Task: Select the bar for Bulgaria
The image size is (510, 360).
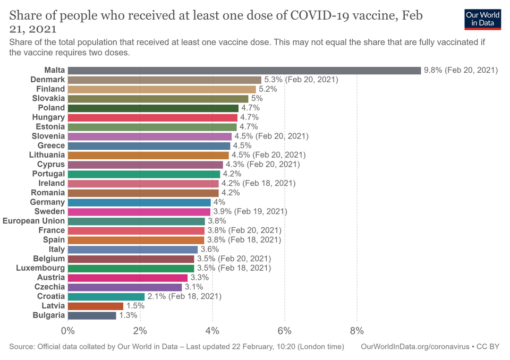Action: [92, 315]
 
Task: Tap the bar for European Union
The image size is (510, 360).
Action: [137, 221]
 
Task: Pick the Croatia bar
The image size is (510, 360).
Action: [106, 296]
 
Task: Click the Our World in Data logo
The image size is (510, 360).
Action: [482, 19]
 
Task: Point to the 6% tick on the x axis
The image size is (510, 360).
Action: [285, 331]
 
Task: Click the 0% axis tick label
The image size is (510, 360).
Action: [68, 331]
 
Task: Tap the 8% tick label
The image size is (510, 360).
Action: [357, 331]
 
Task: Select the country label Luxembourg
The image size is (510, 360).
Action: [40, 268]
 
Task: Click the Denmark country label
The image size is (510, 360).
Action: [48, 80]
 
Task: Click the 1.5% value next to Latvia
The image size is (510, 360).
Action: [134, 306]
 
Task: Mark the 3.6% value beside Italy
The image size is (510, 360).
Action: [209, 249]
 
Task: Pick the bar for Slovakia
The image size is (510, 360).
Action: [158, 98]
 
